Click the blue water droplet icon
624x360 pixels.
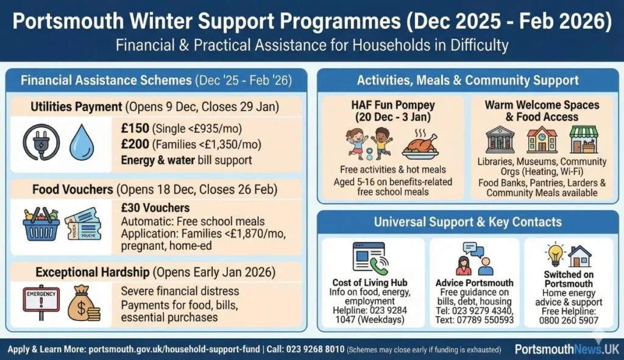click(80, 143)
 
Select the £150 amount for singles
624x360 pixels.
click(135, 129)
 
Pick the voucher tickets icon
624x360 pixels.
click(82, 224)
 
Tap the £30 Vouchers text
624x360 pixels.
click(155, 208)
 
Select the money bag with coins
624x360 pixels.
click(83, 303)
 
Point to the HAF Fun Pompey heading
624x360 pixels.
click(393, 110)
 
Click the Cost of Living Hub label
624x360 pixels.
click(370, 283)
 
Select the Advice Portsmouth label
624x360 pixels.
click(475, 283)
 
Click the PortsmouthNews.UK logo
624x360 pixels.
click(566, 349)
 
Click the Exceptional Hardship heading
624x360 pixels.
click(93, 272)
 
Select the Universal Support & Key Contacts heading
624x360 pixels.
click(468, 222)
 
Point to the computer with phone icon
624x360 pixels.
click(369, 258)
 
